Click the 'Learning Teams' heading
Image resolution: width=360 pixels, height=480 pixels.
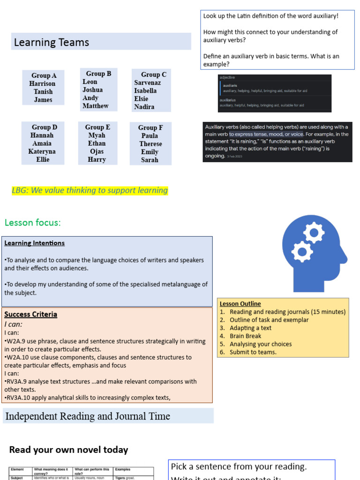pos(52,43)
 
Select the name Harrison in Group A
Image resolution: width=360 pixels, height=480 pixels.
pos(42,83)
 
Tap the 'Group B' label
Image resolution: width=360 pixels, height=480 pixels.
pos(98,74)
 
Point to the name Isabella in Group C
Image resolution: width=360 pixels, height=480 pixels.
pos(145,90)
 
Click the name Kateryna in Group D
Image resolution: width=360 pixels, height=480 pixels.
pos(42,151)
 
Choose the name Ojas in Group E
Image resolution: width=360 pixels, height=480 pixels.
pos(97,151)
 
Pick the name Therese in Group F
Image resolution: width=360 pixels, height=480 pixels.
pos(150,144)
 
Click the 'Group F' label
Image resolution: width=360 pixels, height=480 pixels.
pos(150,127)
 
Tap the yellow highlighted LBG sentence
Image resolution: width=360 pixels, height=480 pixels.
pos(90,190)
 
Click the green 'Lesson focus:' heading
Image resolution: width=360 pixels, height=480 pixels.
pos(33,223)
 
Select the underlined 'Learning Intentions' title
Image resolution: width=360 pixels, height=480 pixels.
pos(35,243)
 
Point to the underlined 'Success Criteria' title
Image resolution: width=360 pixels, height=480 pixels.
pos(31,315)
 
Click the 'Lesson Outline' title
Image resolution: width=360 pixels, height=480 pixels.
pos(240,304)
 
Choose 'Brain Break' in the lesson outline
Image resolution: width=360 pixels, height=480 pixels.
pos(245,336)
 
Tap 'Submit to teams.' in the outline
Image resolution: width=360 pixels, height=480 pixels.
pos(253,352)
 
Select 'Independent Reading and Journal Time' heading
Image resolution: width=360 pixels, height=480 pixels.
pos(87,416)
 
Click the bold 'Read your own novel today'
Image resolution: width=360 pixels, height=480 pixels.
pos(68,450)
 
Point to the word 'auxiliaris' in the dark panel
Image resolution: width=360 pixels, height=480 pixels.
pos(230,86)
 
